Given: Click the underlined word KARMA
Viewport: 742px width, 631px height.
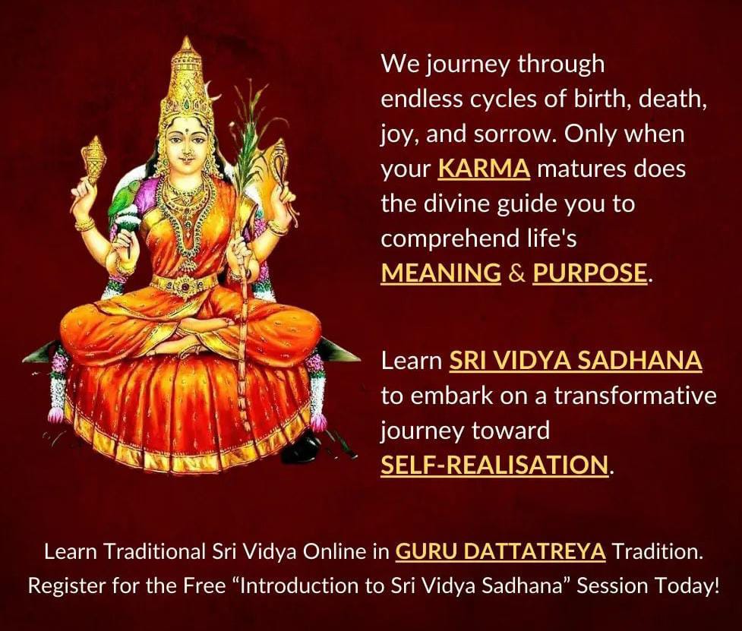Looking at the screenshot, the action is (x=484, y=169).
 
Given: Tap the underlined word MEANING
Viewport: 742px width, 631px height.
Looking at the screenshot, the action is (x=441, y=273).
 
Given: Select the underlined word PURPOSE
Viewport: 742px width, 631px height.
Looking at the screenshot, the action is (x=589, y=273).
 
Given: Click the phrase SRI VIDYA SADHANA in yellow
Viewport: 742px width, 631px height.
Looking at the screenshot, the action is (x=576, y=361).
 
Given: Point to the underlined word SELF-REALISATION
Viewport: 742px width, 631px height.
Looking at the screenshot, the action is (x=494, y=465).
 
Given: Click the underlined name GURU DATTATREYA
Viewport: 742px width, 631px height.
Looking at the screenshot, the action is (x=500, y=551).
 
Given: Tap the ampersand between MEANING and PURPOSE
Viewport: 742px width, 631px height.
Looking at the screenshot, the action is (x=516, y=273).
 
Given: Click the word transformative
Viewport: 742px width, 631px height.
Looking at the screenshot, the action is (x=635, y=396).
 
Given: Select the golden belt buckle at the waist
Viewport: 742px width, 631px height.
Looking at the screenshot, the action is (x=185, y=286).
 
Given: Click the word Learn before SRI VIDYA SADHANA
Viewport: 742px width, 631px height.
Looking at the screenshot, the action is (x=411, y=361).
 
